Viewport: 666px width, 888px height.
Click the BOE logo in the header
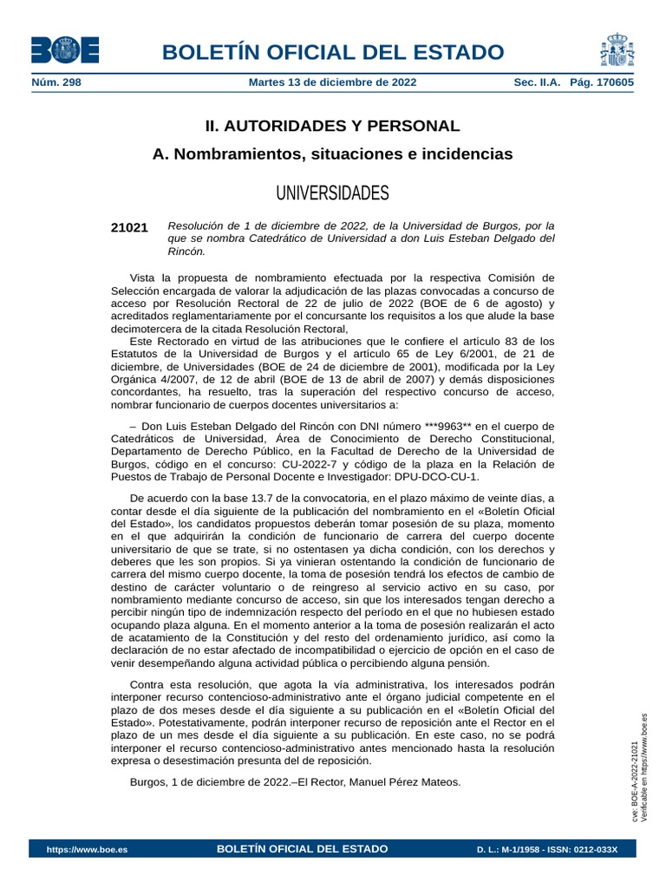tap(65, 50)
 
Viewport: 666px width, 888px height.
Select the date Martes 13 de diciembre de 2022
tap(332, 82)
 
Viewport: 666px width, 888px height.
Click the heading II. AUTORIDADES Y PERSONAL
tap(332, 126)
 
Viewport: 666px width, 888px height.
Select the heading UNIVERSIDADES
tap(332, 192)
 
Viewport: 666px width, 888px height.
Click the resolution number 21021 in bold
tap(129, 227)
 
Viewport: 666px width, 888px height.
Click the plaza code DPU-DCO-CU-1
tap(436, 476)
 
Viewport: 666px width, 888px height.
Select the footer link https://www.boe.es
tap(87, 849)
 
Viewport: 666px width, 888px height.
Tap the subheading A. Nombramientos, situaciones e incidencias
tap(332, 154)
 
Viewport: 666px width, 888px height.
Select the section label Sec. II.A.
tap(538, 82)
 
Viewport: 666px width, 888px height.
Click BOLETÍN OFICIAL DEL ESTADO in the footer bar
tap(302, 848)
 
